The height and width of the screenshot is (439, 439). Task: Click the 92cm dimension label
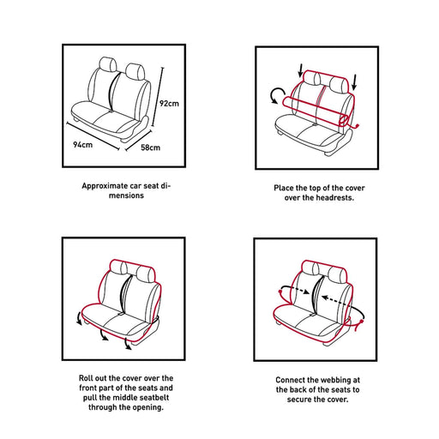169,103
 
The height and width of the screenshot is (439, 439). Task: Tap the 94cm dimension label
83,145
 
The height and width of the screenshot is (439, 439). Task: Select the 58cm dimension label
150,147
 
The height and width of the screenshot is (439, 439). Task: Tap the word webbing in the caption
336,380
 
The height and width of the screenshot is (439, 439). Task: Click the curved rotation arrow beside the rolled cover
278,95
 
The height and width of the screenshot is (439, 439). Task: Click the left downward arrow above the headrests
300,70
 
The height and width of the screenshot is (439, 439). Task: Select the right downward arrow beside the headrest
354,82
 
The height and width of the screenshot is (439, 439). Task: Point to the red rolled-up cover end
345,120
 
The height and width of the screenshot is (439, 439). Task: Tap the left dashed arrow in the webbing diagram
295,288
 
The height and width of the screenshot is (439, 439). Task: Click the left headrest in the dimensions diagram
108,64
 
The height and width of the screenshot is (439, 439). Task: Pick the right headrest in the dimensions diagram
135,72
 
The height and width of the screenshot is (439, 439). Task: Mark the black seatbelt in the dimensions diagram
113,91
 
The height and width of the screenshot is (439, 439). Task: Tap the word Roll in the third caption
86,378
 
